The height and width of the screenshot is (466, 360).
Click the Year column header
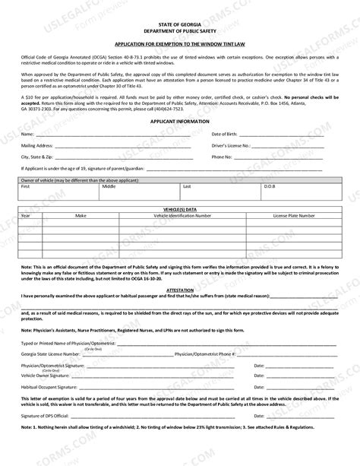(x=25, y=215)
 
